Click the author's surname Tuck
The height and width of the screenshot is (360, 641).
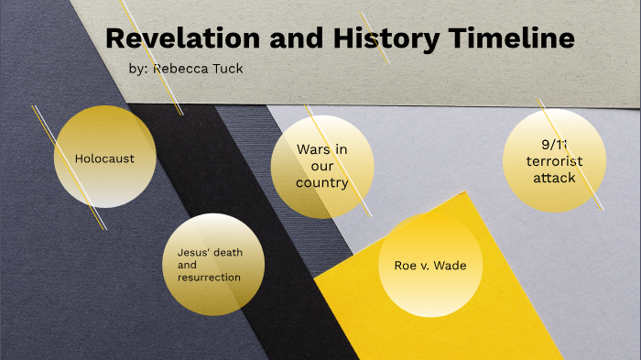click(227, 69)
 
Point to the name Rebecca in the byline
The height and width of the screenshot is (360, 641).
click(179, 69)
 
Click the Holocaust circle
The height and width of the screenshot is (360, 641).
click(104, 157)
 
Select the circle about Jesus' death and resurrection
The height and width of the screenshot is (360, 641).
click(214, 264)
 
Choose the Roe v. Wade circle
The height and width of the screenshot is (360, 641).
click(429, 266)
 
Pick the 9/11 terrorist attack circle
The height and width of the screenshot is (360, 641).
click(554, 160)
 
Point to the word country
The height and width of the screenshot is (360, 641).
click(321, 183)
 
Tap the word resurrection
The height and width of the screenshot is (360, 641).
click(209, 277)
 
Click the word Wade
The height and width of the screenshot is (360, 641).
click(449, 266)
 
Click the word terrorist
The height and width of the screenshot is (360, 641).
click(554, 161)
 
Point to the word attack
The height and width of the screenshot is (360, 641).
click(554, 178)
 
